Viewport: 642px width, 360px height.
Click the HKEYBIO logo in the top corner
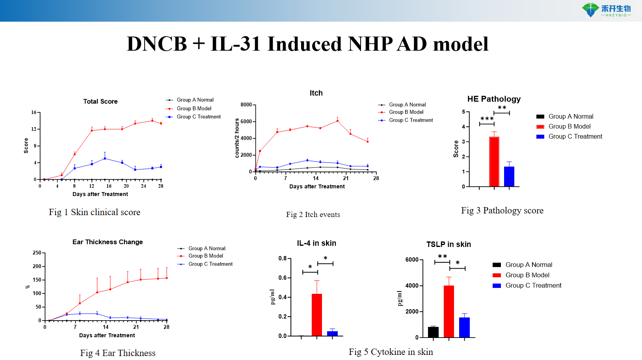coord(607,10)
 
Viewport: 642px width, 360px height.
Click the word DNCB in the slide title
coord(156,44)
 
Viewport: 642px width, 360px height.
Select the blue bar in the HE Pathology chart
coord(509,176)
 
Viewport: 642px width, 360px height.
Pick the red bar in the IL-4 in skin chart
coord(317,315)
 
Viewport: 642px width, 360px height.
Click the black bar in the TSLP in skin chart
coord(433,332)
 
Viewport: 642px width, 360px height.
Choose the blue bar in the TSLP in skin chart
coord(464,327)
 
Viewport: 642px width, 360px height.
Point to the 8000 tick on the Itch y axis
coord(246,105)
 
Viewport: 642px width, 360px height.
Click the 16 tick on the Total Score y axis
coord(34,113)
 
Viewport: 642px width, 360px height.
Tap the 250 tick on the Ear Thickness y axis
coord(37,253)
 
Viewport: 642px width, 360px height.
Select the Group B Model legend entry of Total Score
coord(194,109)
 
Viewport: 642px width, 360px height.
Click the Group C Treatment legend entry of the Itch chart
coord(411,121)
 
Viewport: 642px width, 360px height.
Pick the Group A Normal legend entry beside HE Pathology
coord(571,117)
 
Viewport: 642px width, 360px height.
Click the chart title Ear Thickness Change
coord(108,242)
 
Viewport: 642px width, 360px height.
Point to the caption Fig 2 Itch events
coord(313,215)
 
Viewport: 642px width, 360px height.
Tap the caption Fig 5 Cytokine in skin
coord(391,352)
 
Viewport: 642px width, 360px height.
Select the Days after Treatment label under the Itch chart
coord(317,187)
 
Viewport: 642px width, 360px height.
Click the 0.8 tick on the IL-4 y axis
coord(283,259)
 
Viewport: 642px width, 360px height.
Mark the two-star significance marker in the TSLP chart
coord(442,256)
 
